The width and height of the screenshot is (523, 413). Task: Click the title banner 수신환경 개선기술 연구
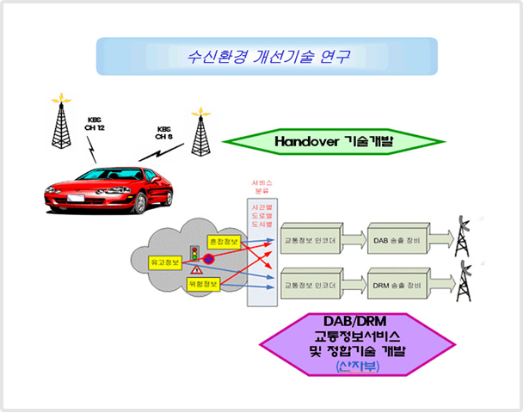click(x=267, y=57)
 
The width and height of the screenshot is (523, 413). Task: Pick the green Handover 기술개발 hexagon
click(x=333, y=140)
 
